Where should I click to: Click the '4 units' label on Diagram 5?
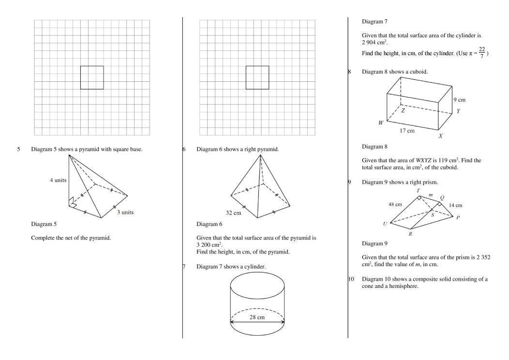(58, 180)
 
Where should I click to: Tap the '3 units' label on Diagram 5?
(125, 212)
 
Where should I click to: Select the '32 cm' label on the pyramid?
(234, 212)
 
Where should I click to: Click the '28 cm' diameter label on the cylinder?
(257, 317)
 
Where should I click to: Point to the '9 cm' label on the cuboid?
(459, 100)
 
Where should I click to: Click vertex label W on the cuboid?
(381, 123)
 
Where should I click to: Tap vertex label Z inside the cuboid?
(402, 111)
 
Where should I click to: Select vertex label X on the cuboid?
(440, 136)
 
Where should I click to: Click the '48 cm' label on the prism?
(395, 205)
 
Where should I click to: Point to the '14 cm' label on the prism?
(455, 205)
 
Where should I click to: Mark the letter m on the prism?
(430, 195)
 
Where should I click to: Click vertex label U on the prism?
(385, 224)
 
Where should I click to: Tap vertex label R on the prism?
(410, 234)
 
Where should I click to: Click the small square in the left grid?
(92, 78)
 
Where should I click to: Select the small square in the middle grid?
(257, 78)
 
